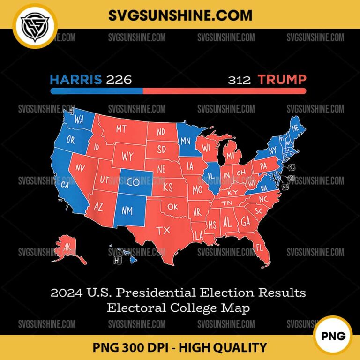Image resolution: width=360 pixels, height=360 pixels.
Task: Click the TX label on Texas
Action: point(163,230)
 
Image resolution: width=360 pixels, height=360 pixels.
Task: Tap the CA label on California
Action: point(66,185)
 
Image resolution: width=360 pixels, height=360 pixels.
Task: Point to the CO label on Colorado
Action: point(133,182)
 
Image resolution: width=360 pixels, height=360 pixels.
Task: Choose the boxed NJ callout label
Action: point(292,167)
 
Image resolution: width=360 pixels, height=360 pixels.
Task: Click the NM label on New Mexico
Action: point(127,210)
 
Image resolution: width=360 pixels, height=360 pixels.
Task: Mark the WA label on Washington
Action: point(78,120)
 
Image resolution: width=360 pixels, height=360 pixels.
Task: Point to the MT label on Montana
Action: point(121,128)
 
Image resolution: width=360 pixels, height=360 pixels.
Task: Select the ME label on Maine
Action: point(295,128)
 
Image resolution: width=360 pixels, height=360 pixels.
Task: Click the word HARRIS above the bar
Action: point(76,79)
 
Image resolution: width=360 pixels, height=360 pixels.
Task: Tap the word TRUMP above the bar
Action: point(282,79)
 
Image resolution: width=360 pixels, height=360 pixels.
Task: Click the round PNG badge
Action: point(334,335)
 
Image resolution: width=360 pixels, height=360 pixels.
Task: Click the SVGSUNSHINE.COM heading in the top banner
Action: point(180,15)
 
